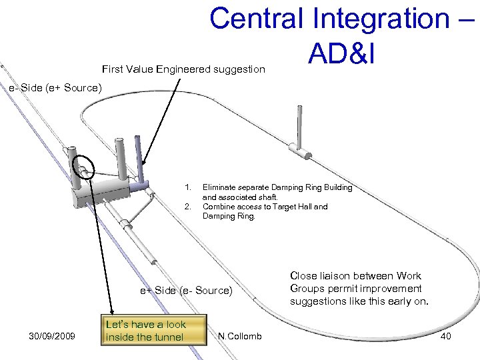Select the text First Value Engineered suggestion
pyautogui.click(x=183, y=69)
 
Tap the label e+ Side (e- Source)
pyautogui.click(x=186, y=290)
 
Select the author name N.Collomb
pyautogui.click(x=240, y=336)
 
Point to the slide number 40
pyautogui.click(x=445, y=336)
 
